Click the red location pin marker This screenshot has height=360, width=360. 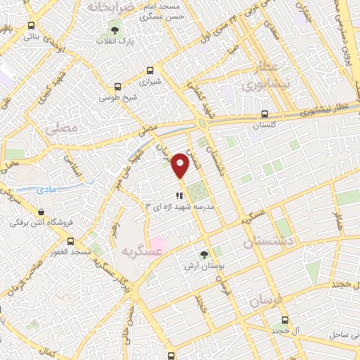coord(181,165)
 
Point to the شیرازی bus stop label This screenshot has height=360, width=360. coord(149,82)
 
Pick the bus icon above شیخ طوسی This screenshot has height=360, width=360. coord(117,87)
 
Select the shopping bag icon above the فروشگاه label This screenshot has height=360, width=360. coord(42,212)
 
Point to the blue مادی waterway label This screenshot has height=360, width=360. coord(47,190)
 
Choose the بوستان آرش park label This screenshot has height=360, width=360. coord(204,266)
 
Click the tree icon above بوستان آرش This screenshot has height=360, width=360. coord(204,255)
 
